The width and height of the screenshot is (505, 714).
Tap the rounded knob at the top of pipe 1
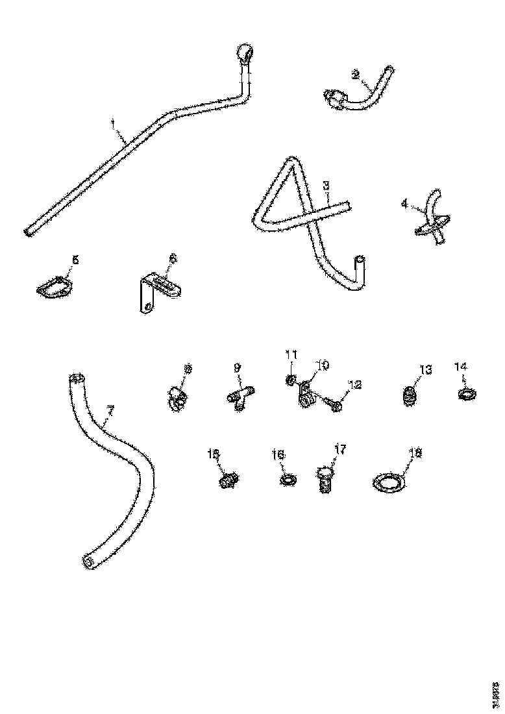(244, 52)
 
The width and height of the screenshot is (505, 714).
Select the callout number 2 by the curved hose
(355, 75)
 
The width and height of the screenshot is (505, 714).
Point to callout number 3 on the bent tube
(327, 185)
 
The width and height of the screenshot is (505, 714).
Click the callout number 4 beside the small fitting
(404, 203)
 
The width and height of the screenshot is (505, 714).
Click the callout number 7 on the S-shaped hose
(110, 410)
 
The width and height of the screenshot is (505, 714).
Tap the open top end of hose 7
(76, 378)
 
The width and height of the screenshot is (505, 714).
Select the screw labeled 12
(336, 406)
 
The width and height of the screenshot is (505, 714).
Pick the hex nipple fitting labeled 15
(227, 481)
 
